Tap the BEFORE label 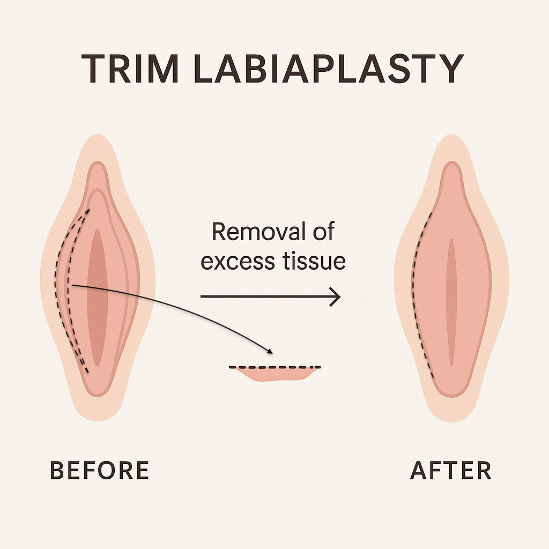99,470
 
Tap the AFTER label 451,470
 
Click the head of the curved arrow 270,352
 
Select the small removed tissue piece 275,374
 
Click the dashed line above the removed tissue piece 275,367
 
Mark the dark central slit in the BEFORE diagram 97,298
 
